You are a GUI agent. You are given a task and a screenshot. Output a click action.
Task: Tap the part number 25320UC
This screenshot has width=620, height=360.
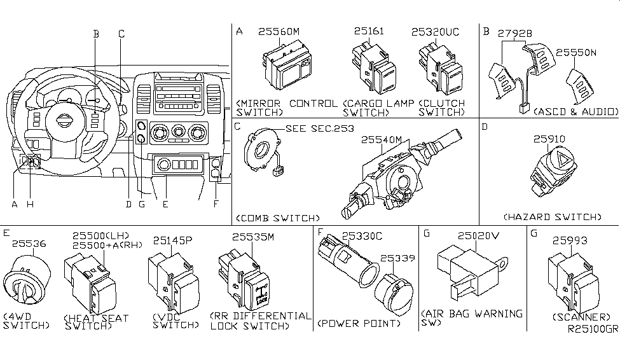pos(436,31)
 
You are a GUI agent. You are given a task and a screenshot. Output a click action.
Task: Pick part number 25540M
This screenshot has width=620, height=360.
pos(383,139)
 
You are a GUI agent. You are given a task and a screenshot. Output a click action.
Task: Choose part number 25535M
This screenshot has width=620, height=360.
pos(252,237)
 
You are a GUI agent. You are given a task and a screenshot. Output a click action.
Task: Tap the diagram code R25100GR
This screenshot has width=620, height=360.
pos(593,329)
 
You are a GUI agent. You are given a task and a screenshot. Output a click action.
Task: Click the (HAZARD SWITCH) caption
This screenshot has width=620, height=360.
pos(551,217)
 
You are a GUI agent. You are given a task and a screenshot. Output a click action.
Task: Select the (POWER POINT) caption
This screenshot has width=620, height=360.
pos(359,323)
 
